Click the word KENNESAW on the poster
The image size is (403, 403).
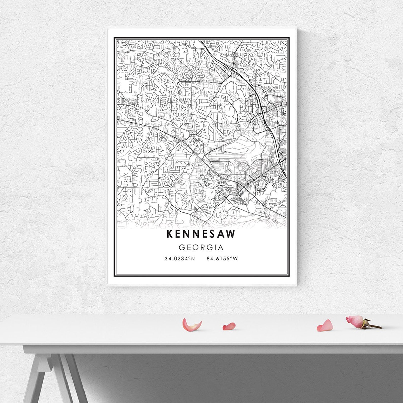pyautogui.click(x=201, y=234)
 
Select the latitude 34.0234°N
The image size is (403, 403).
pyautogui.click(x=180, y=259)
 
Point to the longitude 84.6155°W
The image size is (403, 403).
pyautogui.click(x=222, y=259)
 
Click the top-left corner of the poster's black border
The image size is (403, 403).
pyautogui.click(x=114, y=38)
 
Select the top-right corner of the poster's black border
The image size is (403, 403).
pyautogui.click(x=289, y=38)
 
